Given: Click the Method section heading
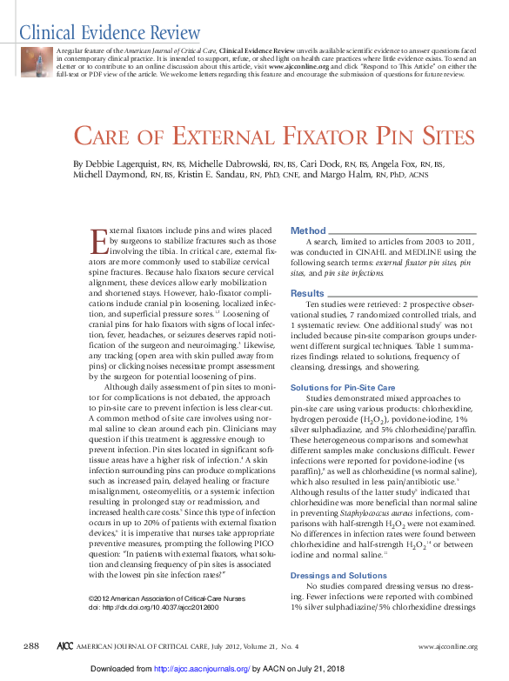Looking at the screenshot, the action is tap(308, 230).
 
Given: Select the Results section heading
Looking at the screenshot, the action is tap(307, 293).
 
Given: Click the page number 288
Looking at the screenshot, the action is tap(32, 645).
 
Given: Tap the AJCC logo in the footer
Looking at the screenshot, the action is tap(64, 646).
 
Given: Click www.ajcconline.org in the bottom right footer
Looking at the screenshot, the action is tap(449, 646).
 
